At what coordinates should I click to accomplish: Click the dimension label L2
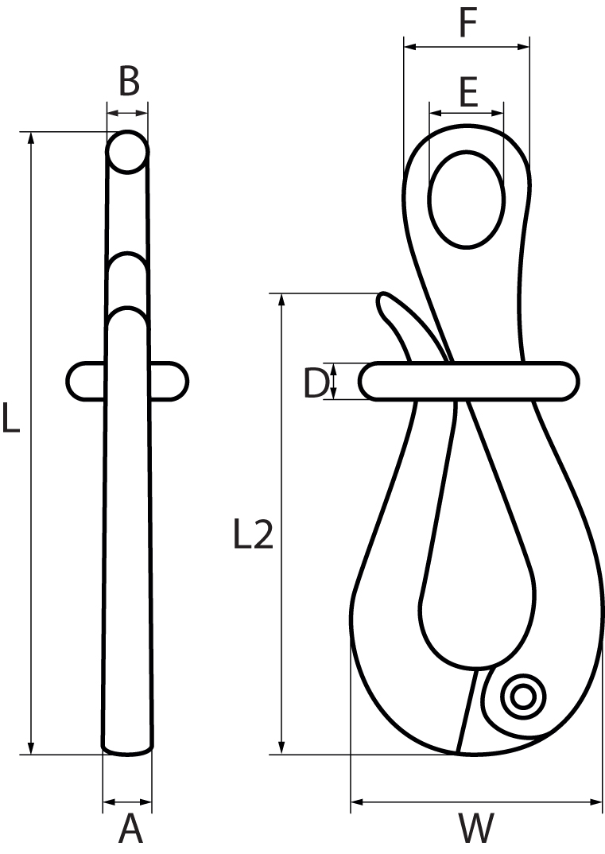(x=254, y=536)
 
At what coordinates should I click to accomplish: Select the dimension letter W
(x=476, y=829)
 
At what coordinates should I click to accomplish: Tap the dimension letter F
(x=467, y=24)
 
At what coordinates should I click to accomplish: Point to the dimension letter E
(x=467, y=93)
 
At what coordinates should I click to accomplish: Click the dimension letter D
(x=316, y=383)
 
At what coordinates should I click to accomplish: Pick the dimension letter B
(x=129, y=81)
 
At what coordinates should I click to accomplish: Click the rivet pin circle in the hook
(x=523, y=697)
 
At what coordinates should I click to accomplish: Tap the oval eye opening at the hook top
(x=467, y=200)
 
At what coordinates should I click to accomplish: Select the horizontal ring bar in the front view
(x=469, y=380)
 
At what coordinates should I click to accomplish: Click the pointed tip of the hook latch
(x=382, y=298)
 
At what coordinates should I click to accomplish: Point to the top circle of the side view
(x=127, y=152)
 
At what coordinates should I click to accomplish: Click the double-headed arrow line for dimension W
(x=476, y=802)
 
